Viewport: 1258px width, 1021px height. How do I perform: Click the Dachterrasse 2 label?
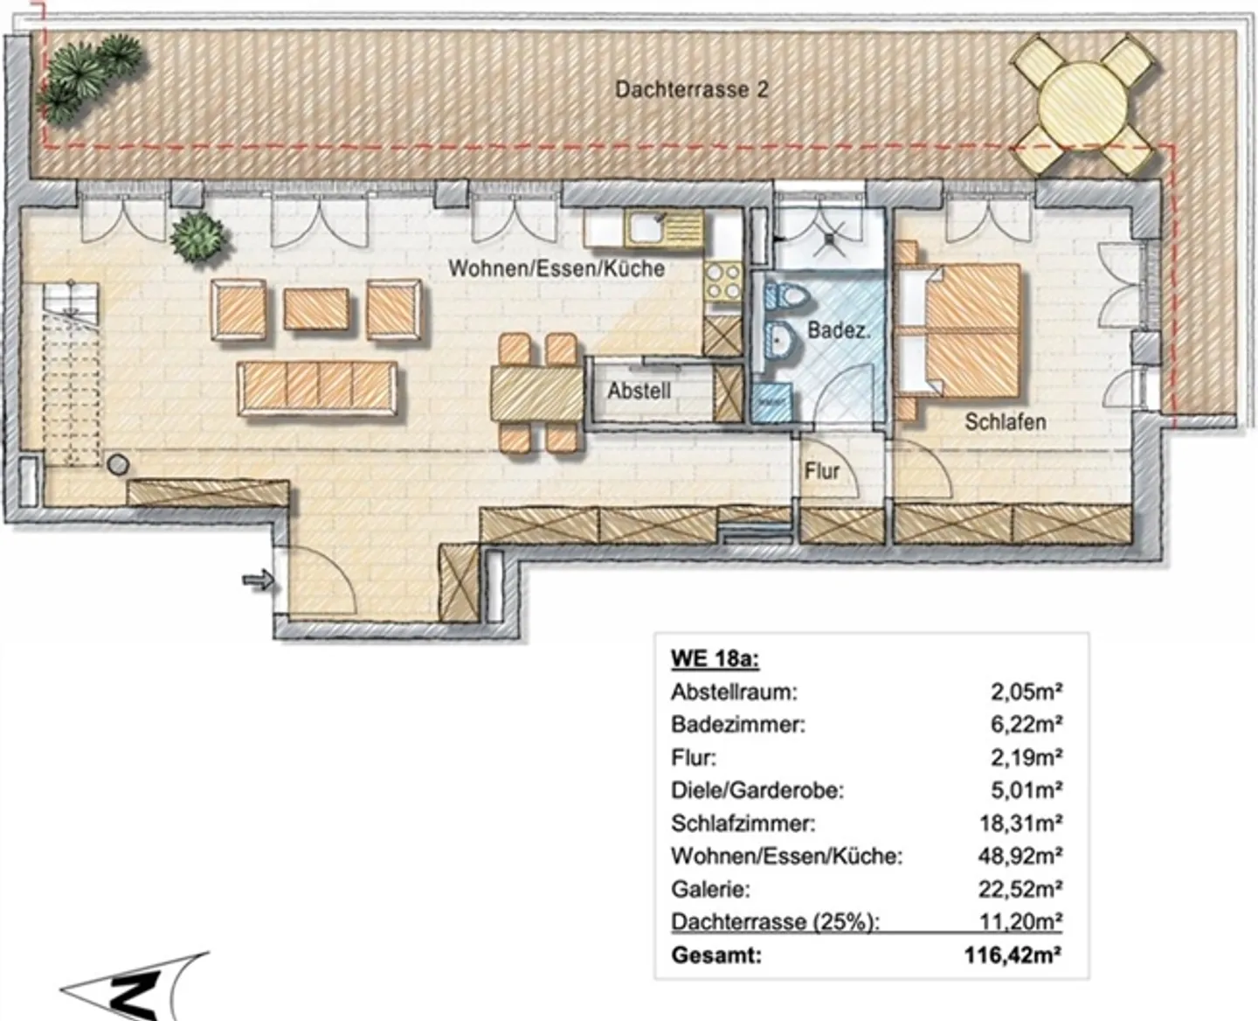691,89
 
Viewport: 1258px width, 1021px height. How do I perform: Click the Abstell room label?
639,391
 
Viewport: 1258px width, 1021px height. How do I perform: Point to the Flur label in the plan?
821,471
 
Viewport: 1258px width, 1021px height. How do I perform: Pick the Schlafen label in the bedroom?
1005,421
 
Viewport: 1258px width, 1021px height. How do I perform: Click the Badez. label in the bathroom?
838,330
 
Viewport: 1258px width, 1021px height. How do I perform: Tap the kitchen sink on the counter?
644,229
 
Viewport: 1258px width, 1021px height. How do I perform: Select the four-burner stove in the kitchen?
722,281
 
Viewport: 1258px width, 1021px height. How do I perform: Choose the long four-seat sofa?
319,388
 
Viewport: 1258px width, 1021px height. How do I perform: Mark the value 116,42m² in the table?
1014,955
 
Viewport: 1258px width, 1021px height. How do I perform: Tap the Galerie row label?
709,889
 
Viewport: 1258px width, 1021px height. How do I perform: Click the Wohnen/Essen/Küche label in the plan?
556,268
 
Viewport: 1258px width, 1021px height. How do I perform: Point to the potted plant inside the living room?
200,235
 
